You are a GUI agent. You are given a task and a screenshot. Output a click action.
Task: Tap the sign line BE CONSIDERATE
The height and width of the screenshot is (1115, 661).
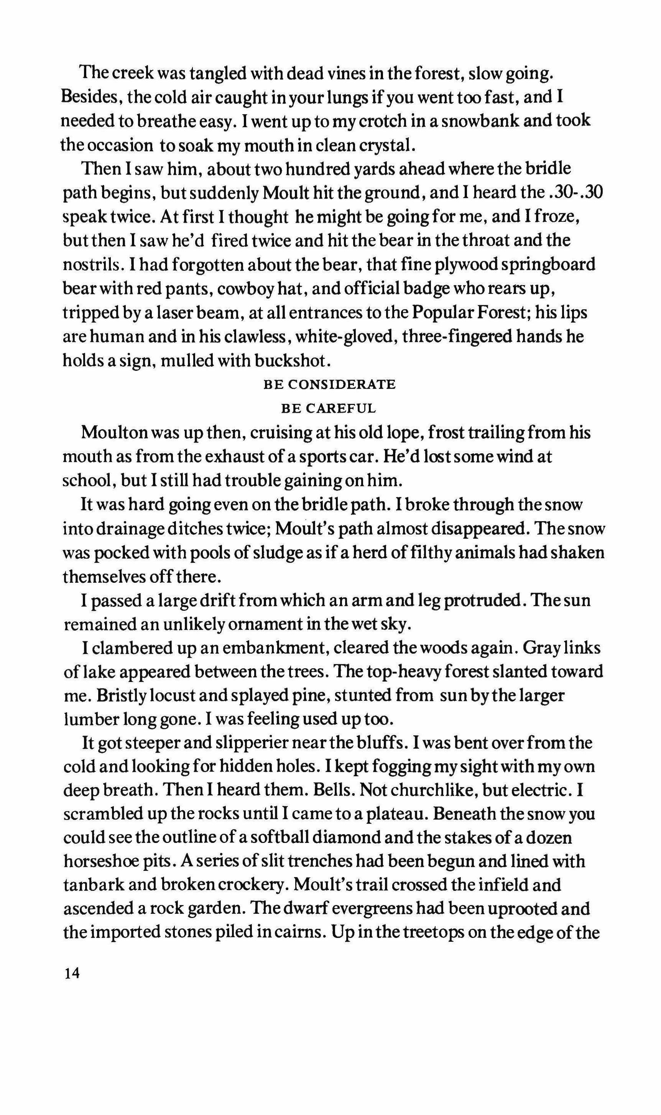coord(330,385)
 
